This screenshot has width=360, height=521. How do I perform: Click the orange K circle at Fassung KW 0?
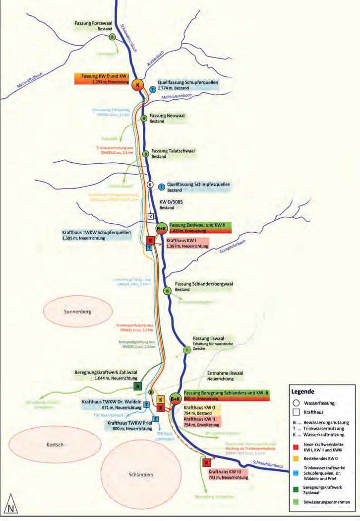tap(137, 85)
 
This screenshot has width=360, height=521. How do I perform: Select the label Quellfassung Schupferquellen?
tap(187, 82)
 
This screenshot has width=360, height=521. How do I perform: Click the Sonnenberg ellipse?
tap(78, 312)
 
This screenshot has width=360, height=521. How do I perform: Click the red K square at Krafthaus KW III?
tap(206, 462)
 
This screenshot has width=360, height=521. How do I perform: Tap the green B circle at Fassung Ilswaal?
tap(187, 350)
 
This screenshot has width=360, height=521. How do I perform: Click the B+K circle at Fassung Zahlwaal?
tap(161, 228)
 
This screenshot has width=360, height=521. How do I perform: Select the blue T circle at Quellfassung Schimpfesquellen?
tap(161, 187)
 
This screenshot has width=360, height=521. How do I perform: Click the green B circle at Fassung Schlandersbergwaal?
tap(167, 291)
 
